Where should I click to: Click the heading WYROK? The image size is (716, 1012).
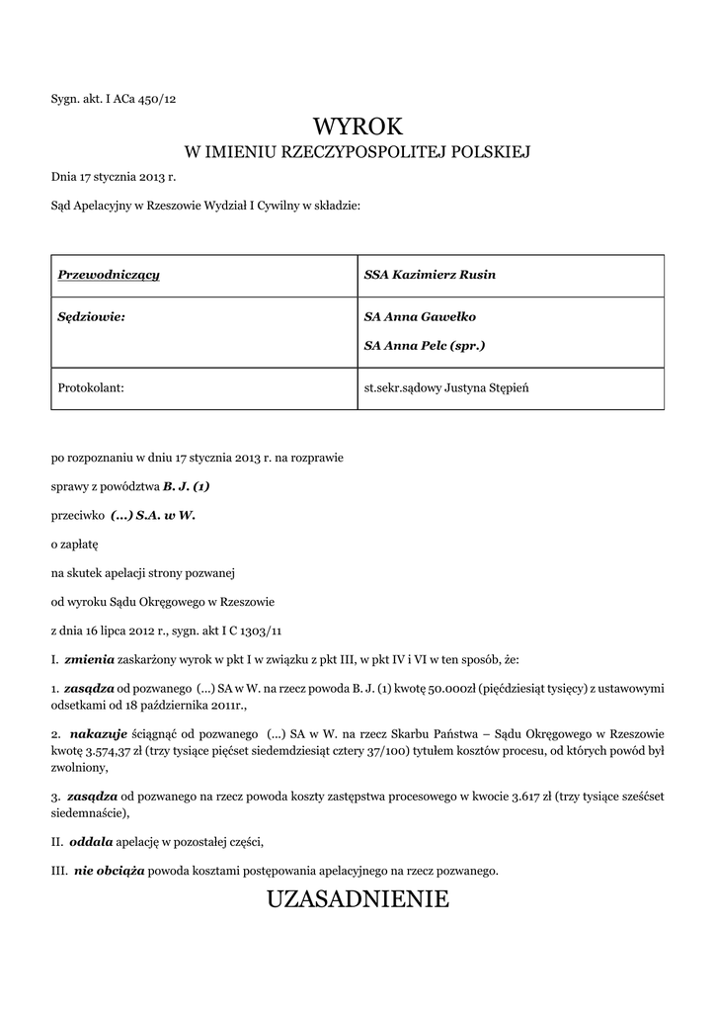click(x=358, y=126)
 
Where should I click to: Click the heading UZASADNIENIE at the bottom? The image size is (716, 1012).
click(x=358, y=898)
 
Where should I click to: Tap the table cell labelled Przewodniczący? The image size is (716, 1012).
click(x=109, y=274)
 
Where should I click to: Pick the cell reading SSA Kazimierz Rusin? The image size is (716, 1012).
click(x=430, y=274)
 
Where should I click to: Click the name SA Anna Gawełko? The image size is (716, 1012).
click(x=420, y=316)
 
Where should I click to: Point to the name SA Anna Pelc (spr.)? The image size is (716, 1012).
click(x=425, y=346)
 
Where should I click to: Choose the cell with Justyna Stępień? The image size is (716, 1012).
click(x=446, y=388)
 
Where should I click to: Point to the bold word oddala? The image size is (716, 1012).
click(x=91, y=842)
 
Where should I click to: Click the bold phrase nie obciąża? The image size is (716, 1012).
click(x=109, y=871)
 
